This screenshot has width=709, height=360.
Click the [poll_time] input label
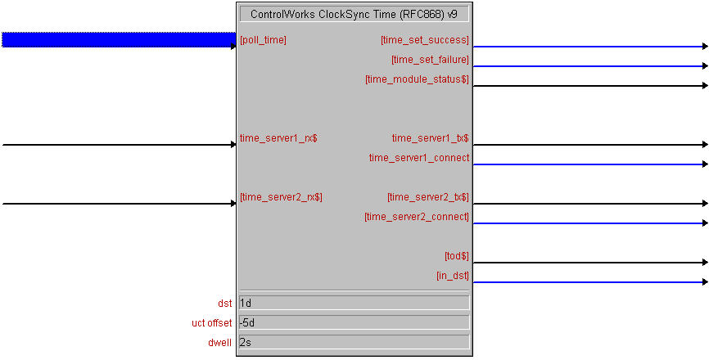click(x=263, y=40)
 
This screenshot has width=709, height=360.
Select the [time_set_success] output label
click(x=425, y=40)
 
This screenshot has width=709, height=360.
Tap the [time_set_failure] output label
click(x=430, y=60)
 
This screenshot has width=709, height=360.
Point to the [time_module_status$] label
click(x=417, y=79)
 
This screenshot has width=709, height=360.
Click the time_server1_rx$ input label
click(x=278, y=138)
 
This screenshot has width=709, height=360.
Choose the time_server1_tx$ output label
click(x=430, y=138)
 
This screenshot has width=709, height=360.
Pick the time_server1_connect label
click(x=419, y=158)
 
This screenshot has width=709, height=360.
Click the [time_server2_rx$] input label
click(x=282, y=197)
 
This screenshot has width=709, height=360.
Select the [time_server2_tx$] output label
click(x=427, y=197)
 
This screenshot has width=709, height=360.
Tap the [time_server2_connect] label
click(x=417, y=217)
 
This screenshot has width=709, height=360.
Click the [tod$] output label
click(x=457, y=256)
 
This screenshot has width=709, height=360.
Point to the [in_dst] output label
click(x=453, y=276)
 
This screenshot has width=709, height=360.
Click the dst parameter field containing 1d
click(x=354, y=303)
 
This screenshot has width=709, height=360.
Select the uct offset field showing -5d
click(x=354, y=322)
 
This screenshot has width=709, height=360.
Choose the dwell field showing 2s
click(x=354, y=342)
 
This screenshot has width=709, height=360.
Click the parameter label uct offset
click(x=211, y=323)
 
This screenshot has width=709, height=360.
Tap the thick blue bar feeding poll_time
click(x=120, y=40)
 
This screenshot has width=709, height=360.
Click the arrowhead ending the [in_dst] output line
click(x=705, y=281)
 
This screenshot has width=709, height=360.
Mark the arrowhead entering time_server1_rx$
click(x=234, y=145)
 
